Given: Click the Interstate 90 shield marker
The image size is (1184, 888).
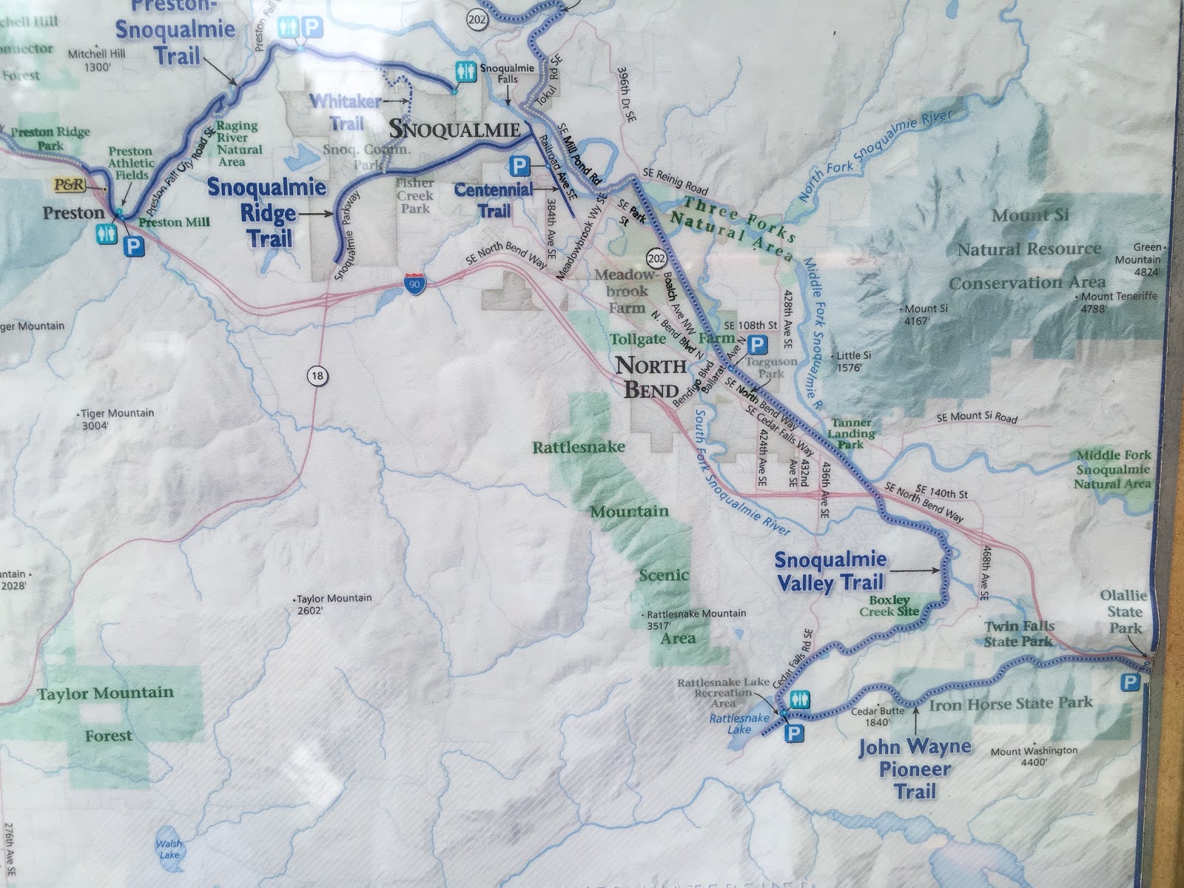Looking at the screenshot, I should (x=415, y=284).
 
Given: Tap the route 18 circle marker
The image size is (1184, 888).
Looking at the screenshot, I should (x=317, y=376).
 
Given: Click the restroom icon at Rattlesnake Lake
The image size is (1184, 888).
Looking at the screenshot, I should (x=801, y=699).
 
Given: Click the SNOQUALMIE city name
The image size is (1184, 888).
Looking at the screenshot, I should (x=454, y=129).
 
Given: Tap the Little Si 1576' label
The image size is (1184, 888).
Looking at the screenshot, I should (x=853, y=361).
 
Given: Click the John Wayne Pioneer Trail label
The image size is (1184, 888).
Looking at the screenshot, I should (x=915, y=769).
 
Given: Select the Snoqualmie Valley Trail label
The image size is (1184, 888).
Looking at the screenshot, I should (x=830, y=571).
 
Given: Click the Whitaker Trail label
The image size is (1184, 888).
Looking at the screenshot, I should (x=346, y=111).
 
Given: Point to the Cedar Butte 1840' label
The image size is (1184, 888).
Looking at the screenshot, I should (x=878, y=716).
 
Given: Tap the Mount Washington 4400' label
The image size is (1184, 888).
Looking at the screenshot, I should (x=1034, y=756).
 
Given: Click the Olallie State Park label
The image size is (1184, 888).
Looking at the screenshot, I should (x=1124, y=611).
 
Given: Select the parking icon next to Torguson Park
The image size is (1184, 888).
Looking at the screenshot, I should (x=757, y=344).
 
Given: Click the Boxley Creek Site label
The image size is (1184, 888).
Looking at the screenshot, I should (x=889, y=606).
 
